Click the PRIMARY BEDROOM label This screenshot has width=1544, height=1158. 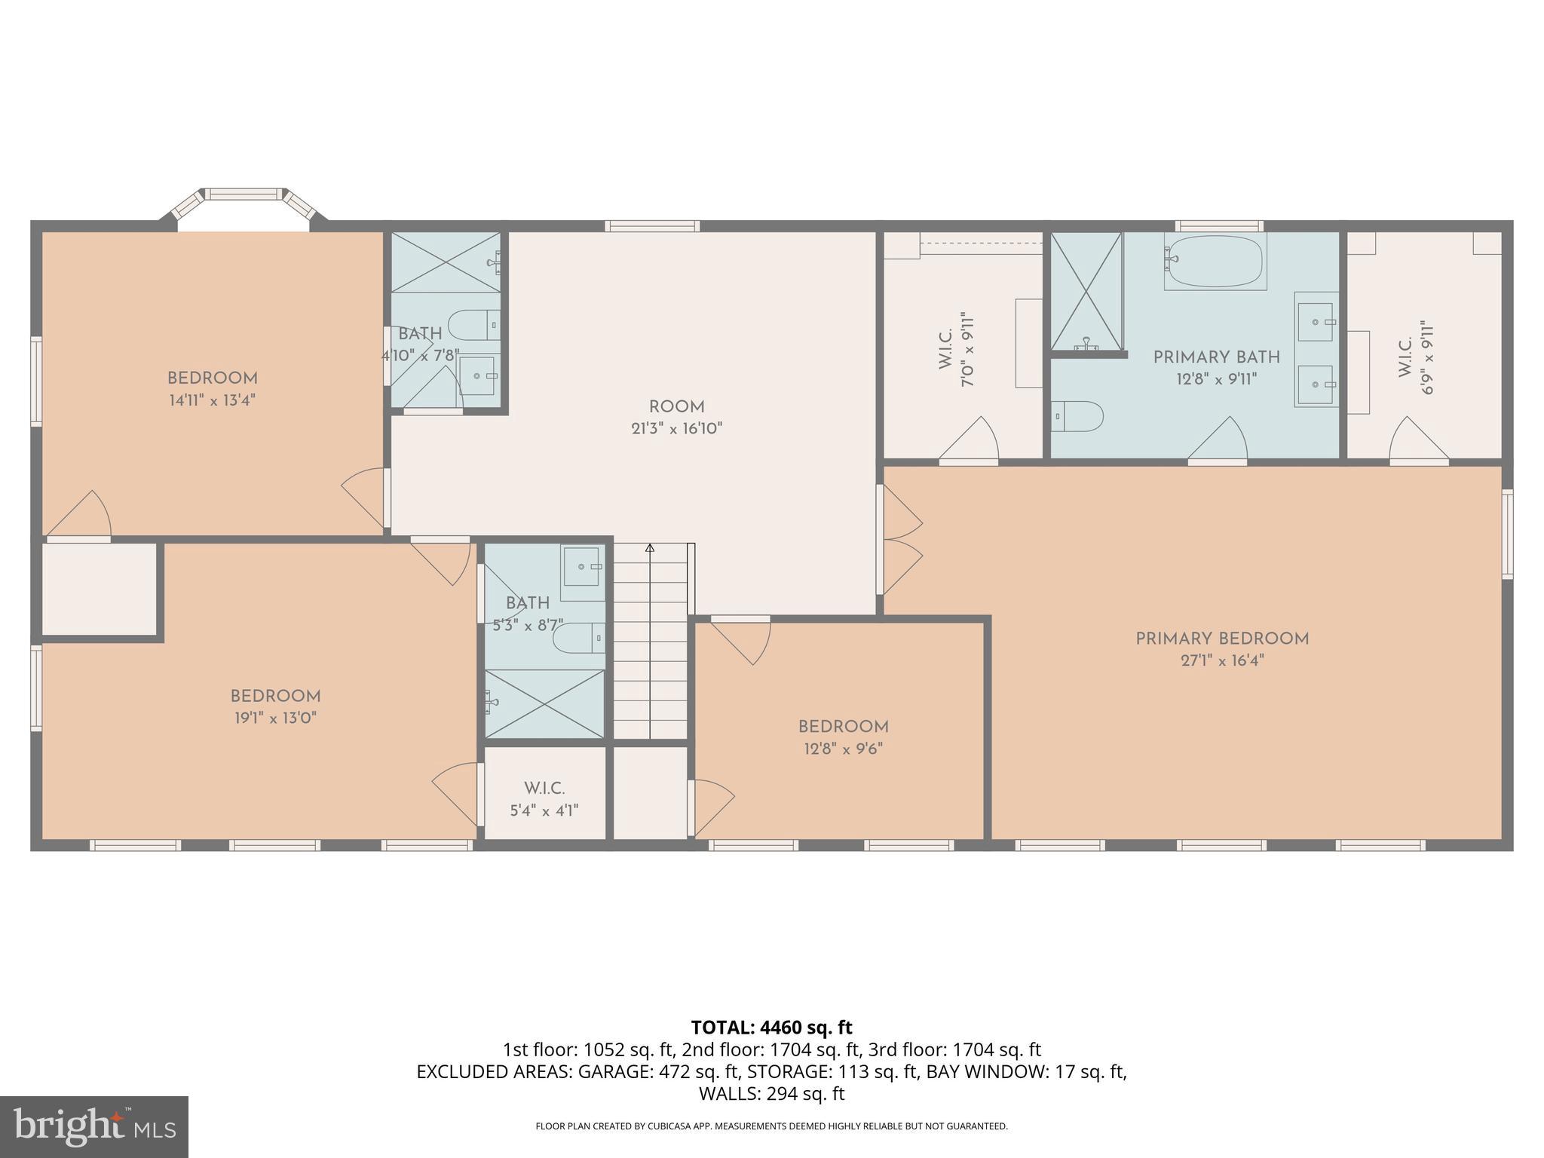click(x=1221, y=639)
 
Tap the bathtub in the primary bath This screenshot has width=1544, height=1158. click(x=1215, y=261)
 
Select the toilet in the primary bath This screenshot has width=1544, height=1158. click(x=1077, y=416)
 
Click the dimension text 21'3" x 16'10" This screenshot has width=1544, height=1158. click(x=676, y=429)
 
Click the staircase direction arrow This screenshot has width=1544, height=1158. click(x=650, y=549)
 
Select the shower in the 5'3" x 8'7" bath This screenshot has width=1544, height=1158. click(x=544, y=703)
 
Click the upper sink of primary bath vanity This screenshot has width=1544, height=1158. click(x=1316, y=322)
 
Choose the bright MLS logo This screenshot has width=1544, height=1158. click(x=93, y=1126)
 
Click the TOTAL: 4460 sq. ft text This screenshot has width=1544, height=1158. click(x=771, y=1028)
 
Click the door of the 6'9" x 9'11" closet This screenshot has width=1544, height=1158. click(x=1419, y=441)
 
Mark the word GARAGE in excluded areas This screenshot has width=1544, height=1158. click(x=605, y=1072)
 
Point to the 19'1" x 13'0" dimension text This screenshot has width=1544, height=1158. click(x=275, y=718)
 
